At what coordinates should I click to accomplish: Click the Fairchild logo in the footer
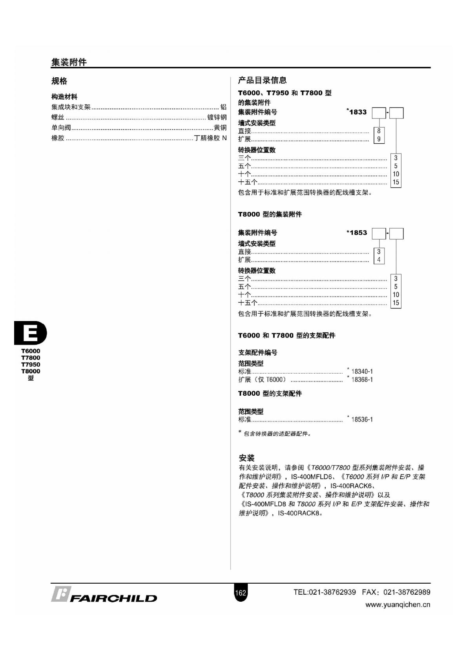[104, 595]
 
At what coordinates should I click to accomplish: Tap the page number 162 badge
[240, 593]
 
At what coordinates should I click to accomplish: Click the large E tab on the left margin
[30, 333]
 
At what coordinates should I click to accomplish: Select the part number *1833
[357, 112]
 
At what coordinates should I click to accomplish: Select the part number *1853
[357, 233]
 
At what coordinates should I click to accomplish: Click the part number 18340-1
[362, 371]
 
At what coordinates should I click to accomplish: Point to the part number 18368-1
[362, 380]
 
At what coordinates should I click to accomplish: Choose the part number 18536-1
[362, 420]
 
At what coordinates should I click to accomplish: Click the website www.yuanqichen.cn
[398, 605]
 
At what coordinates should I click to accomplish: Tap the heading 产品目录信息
[262, 80]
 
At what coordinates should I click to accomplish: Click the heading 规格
[59, 81]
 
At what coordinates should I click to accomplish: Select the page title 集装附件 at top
[69, 62]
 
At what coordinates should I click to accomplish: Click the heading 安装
[246, 458]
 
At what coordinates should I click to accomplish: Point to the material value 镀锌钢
[217, 117]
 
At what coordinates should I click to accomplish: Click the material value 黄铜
[220, 128]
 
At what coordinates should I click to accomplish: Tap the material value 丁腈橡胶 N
[210, 138]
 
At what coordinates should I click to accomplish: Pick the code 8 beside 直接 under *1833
[379, 131]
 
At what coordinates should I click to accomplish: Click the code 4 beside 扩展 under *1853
[379, 260]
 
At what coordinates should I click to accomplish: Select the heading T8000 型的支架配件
[270, 393]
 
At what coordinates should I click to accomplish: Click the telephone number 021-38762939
[332, 592]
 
